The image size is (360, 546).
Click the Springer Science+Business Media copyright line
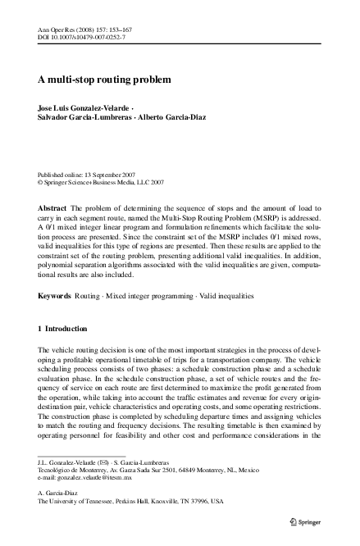coord(106,183)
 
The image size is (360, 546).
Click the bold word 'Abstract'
coord(52,210)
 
